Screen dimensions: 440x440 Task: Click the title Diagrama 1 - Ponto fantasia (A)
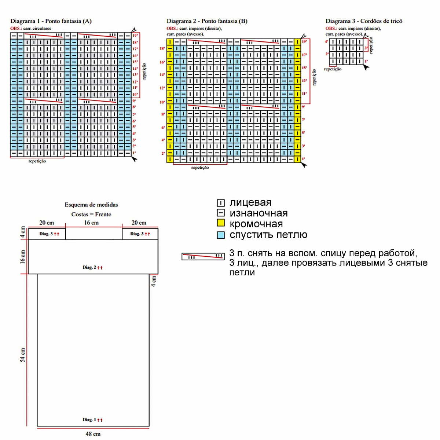pos(51,21)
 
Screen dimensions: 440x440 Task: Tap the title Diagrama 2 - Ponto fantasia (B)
pos(207,21)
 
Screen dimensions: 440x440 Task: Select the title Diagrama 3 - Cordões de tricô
pos(364,21)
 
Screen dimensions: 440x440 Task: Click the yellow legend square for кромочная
pos(221,223)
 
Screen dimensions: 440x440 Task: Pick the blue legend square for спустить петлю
pos(221,235)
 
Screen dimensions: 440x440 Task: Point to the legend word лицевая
pos(250,202)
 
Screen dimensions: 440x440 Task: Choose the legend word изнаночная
pos(258,213)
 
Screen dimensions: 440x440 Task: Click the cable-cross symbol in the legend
pos(203,256)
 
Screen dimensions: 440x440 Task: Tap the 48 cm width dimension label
pos(93,434)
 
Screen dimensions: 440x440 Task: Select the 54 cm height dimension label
pos(23,355)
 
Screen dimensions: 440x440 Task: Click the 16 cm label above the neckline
pos(91,223)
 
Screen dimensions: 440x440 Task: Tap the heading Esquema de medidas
pos(91,205)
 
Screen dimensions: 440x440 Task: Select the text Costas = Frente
pos(91,214)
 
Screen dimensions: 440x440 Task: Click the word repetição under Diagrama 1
pos(37,161)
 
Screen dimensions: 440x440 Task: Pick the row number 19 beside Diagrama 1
pos(135,36)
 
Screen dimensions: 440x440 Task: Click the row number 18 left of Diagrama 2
pos(162,48)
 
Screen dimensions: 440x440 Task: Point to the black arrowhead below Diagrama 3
pos(366,66)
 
